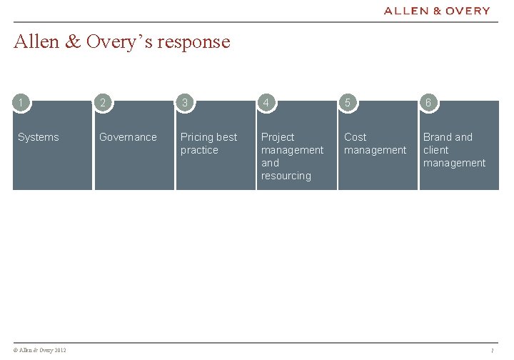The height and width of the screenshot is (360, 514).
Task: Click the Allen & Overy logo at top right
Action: pos(437,11)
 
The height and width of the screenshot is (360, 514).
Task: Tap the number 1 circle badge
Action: pos(22,103)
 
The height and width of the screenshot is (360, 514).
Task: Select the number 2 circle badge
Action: pos(104,103)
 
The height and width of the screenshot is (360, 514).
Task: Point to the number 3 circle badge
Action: pos(185,103)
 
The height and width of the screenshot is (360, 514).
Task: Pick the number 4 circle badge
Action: pos(266,103)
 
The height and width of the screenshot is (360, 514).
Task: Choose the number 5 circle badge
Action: pos(347,103)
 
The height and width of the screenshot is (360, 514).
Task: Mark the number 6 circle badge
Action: pos(428,103)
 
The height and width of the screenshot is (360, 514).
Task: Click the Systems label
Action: pos(39,137)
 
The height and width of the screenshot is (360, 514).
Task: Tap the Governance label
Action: pos(128,137)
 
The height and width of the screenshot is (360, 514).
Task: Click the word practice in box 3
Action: pos(199,150)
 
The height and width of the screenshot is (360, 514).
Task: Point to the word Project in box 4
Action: pos(278,137)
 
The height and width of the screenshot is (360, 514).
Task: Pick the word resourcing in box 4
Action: pos(286,176)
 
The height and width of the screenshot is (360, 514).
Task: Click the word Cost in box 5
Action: pos(355,137)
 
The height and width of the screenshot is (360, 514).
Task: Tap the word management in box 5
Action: pos(375,150)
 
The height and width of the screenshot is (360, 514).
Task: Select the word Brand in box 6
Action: pos(438,137)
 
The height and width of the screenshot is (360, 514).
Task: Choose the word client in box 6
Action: pos(435,150)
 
